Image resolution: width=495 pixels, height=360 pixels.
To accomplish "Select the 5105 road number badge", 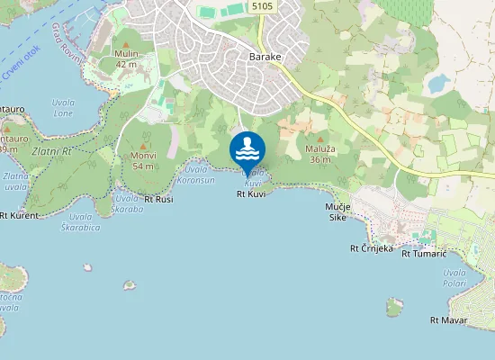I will (x=263, y=6).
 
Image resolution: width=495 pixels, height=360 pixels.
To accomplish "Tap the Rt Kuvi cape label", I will (x=251, y=193).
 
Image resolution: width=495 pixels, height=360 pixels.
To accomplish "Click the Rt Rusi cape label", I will (x=157, y=199).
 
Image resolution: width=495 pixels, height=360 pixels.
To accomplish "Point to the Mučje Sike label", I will (x=337, y=212).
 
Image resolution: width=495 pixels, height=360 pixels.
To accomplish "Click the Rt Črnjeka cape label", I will (x=372, y=248).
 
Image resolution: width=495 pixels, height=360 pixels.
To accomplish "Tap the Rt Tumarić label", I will (x=424, y=253).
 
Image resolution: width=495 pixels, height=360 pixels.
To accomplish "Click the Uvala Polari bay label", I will (x=454, y=277).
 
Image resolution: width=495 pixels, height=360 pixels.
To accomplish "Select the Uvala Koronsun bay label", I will (x=199, y=175).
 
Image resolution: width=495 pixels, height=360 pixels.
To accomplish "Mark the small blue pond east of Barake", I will (x=438, y=84).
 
